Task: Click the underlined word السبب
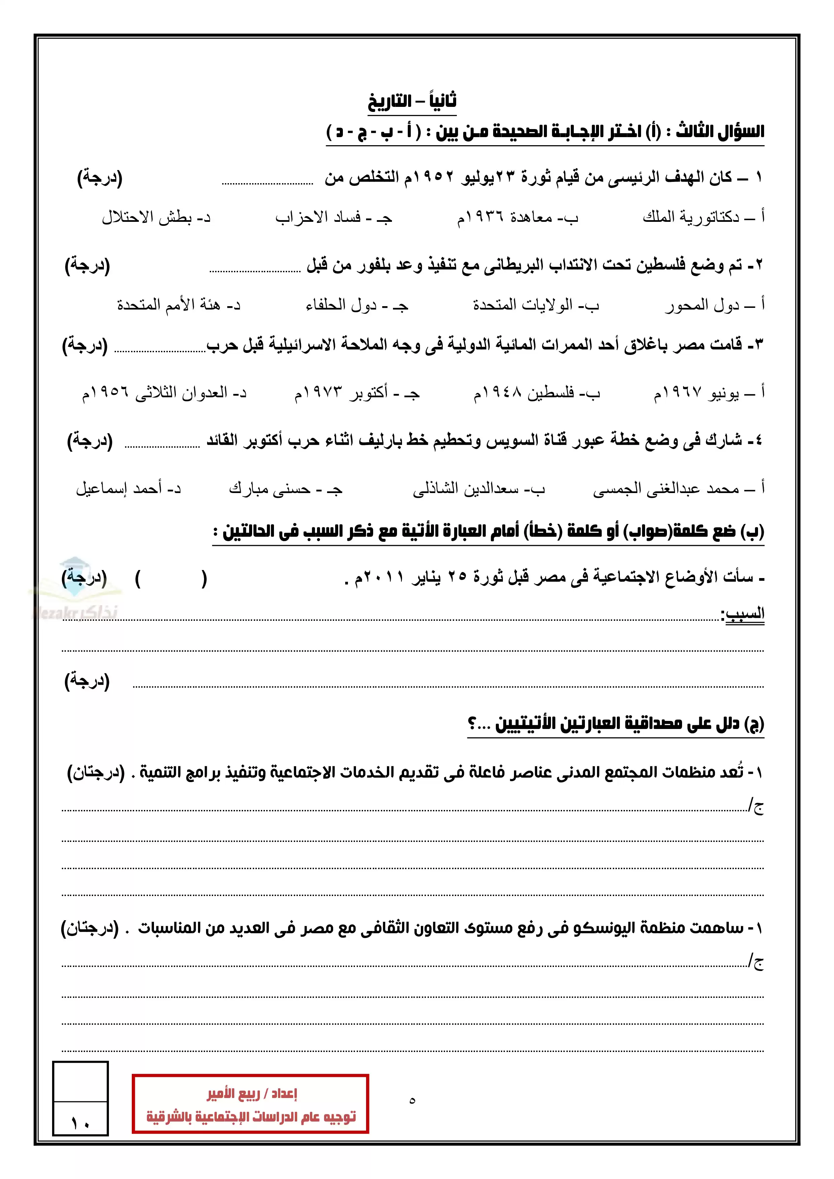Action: pos(744,613)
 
